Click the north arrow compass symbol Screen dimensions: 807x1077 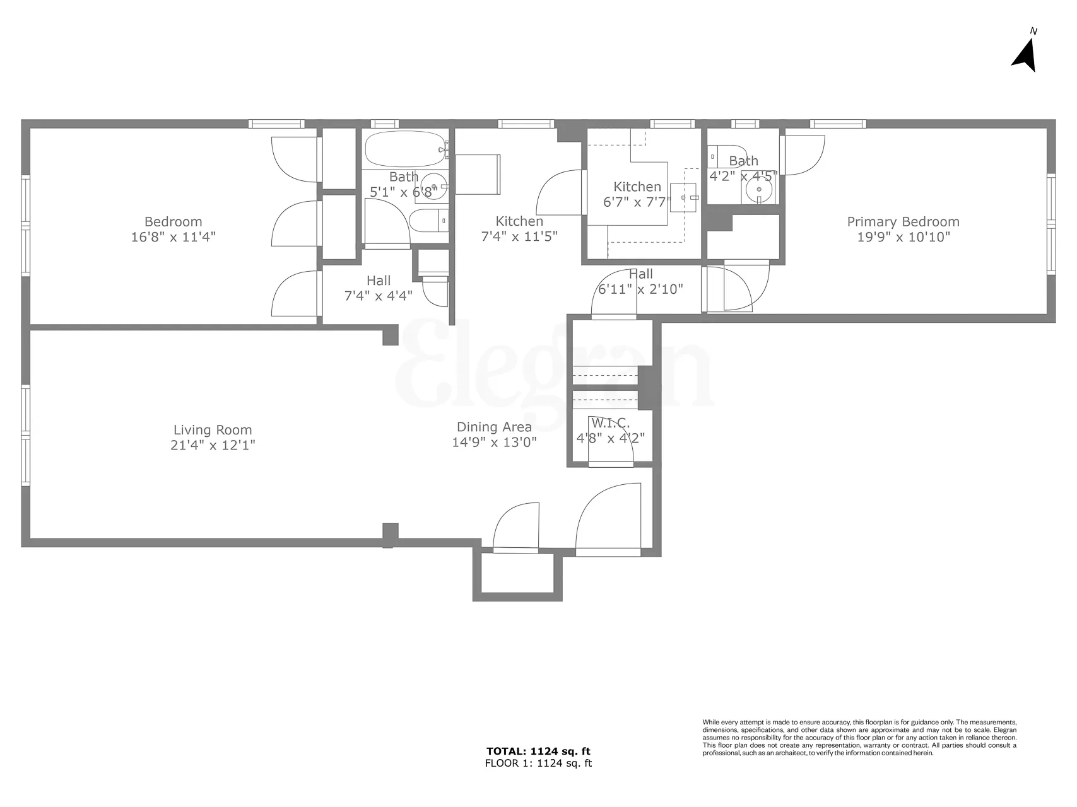pos(1026,55)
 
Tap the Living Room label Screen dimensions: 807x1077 pos(213,430)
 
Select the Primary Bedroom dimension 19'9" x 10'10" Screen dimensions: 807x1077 pos(903,237)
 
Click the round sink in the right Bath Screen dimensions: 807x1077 pos(759,189)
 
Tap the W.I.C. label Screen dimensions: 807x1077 pos(610,423)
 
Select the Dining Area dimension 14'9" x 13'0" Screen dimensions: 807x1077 pos(494,442)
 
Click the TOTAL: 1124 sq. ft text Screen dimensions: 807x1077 pos(538,751)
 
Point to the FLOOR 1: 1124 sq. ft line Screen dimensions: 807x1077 pos(538,763)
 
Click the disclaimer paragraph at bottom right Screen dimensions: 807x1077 pos(859,737)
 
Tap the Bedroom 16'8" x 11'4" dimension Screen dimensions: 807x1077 pos(174,237)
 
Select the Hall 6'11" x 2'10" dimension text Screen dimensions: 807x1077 pos(640,289)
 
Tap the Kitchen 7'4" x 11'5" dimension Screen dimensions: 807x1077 pos(519,237)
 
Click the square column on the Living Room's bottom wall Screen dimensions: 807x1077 pos(391,533)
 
